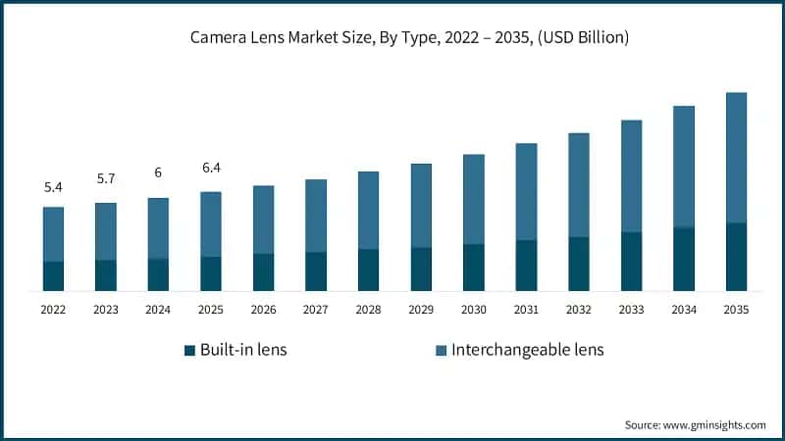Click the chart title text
pos(409,37)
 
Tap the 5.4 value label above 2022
pos(53,187)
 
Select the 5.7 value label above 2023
pos(106,178)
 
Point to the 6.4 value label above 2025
pos(211,168)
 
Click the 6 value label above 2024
pos(158,173)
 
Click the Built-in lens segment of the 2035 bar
pos(736,257)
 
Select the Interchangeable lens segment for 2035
pos(736,158)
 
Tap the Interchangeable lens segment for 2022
pos(53,234)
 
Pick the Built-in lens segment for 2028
pos(369,270)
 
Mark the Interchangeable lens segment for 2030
pos(474,200)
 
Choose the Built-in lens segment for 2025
pos(211,273)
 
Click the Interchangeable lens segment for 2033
pos(631,176)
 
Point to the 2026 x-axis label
pos(263,310)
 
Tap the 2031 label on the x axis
pos(526,310)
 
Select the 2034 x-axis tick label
pos(684,310)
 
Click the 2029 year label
pos(421,310)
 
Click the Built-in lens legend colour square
pos(189,350)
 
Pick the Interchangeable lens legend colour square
pos(441,350)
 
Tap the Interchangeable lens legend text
pos(528,350)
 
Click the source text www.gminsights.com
pos(714,425)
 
